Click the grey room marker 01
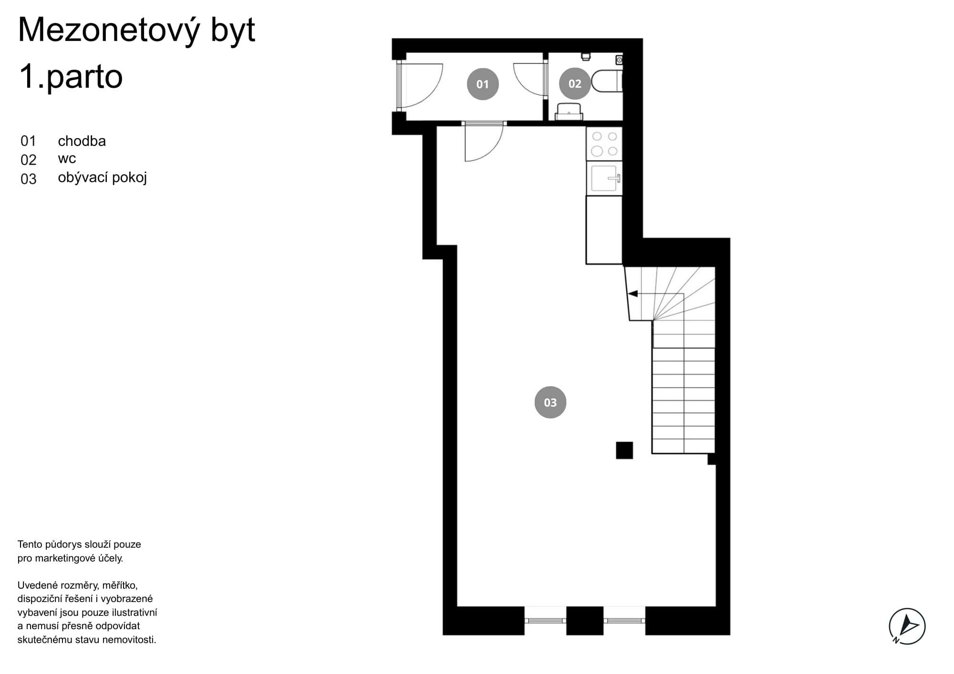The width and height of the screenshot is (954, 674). tap(482, 84)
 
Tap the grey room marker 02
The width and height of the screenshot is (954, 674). tap(574, 83)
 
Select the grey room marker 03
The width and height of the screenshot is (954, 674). tap(550, 402)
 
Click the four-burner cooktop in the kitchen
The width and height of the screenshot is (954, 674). tap(604, 144)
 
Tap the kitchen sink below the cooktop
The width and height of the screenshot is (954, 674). tap(604, 178)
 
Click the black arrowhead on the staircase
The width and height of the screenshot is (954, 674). tap(633, 294)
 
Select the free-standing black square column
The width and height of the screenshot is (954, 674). tap(624, 450)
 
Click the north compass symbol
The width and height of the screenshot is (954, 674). tap(907, 626)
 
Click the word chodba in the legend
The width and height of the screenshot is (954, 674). tap(82, 141)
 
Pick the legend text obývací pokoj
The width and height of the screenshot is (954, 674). tap(102, 178)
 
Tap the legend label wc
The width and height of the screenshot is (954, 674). tap(67, 159)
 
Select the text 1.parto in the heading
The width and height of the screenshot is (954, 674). tap(71, 77)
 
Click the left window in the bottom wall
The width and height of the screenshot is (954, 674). tap(545, 620)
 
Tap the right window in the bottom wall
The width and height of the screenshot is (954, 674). tap(624, 620)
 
